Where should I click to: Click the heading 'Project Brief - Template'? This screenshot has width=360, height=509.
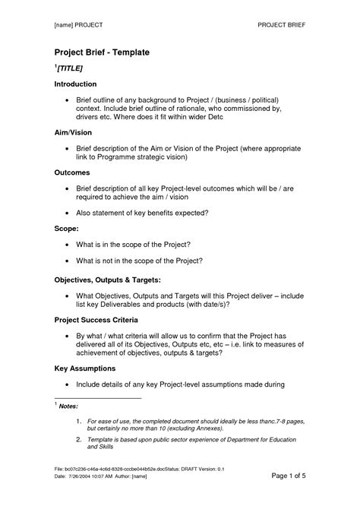tap(102, 52)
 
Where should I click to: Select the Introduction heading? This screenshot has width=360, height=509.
tap(75, 84)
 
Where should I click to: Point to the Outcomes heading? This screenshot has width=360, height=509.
tap(72, 172)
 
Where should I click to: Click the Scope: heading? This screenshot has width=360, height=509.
tap(67, 228)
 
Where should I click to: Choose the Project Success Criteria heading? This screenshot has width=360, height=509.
tap(96, 321)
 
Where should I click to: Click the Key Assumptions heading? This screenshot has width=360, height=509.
tap(84, 368)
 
